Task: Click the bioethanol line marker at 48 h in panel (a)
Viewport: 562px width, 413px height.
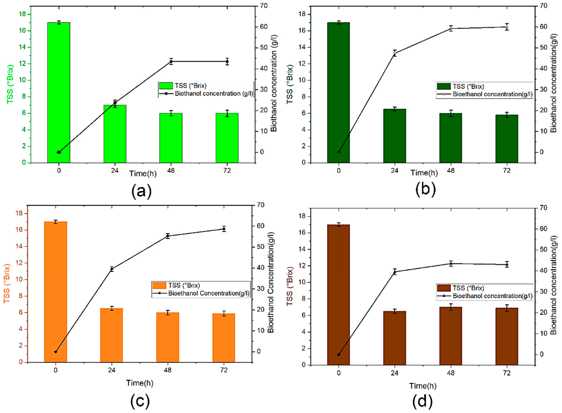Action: (171, 61)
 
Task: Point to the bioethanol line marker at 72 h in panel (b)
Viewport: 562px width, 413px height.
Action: (507, 27)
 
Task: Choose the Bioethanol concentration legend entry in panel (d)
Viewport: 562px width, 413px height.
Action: (492, 296)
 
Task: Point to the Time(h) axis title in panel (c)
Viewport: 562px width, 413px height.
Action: (140, 383)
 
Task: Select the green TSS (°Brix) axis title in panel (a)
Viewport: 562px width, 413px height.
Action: (10, 84)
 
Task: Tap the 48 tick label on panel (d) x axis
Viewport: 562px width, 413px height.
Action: (451, 373)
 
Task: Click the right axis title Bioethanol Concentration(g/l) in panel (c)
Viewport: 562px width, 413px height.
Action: (271, 283)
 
